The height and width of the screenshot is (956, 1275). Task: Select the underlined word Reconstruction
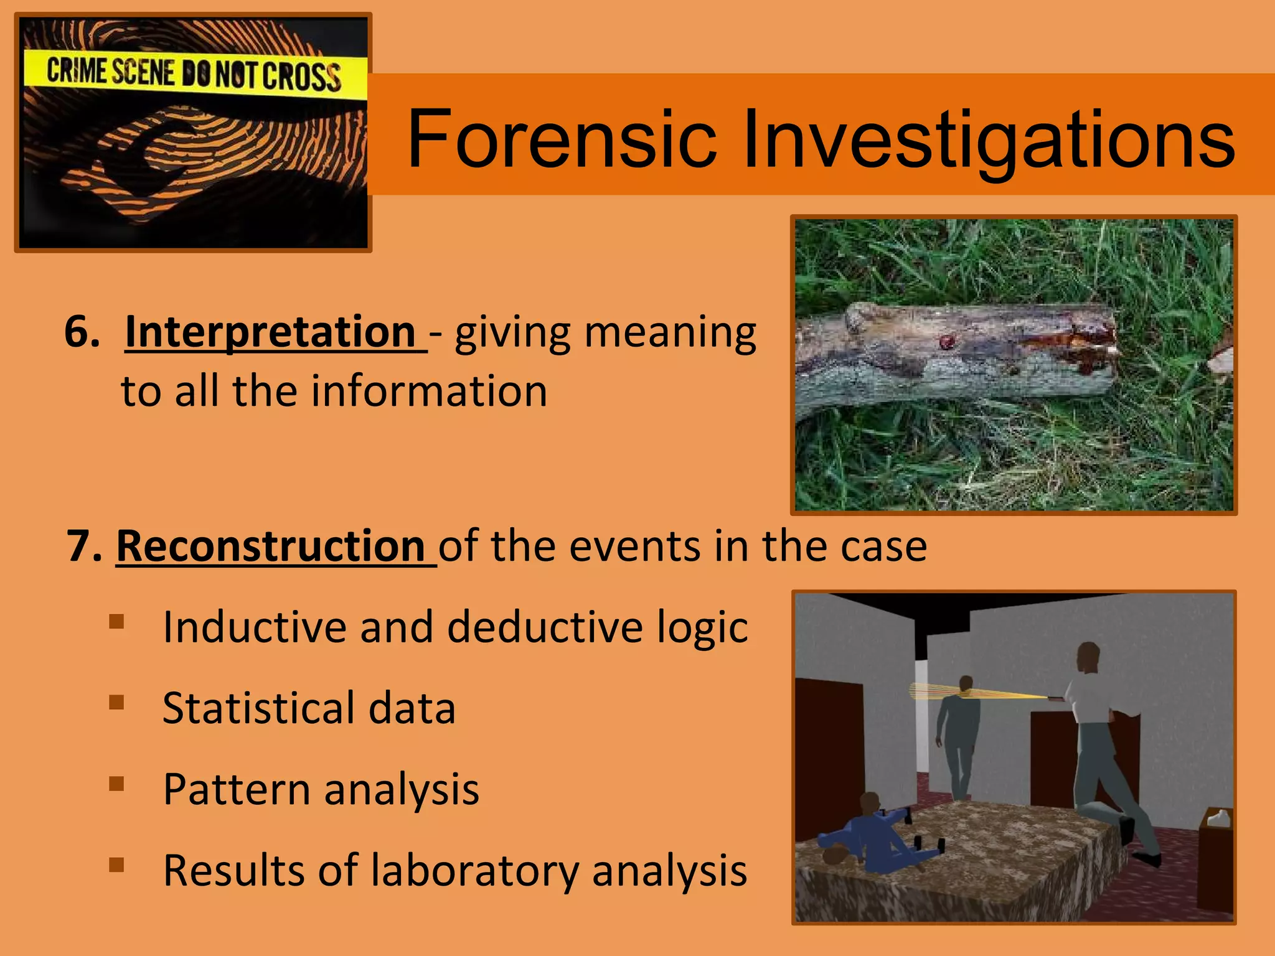coord(271,546)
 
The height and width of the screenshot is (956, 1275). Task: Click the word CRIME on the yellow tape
coord(77,70)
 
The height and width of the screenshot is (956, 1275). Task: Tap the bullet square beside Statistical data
coord(116,702)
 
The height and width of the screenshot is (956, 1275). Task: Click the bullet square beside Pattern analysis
coord(116,783)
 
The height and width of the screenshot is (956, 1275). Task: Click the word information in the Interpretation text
coord(429,391)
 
